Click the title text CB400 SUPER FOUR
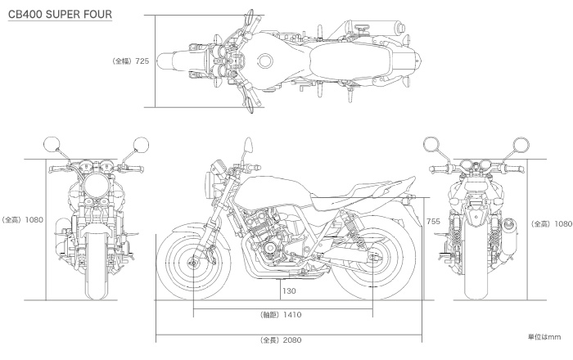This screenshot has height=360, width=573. tap(60, 14)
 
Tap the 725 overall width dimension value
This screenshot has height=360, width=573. tap(142, 61)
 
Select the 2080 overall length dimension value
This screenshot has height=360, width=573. tap(292, 340)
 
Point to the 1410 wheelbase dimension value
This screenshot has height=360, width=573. tap(292, 315)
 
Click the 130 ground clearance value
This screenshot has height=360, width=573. tap(289, 291)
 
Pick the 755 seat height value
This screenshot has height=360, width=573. tap(433, 221)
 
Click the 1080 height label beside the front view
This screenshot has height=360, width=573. tap(34, 220)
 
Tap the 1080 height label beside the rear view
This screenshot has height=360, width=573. tap(563, 224)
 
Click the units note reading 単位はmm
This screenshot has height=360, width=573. tap(544, 337)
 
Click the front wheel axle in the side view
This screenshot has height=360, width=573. tap(192, 262)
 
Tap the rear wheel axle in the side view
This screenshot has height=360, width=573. tap(372, 258)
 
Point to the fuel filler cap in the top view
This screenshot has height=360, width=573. tap(265, 61)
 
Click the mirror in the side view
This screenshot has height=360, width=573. tap(249, 145)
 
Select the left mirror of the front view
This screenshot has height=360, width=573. tap(52, 145)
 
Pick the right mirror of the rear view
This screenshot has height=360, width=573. tap(521, 145)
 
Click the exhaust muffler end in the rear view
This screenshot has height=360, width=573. tap(509, 226)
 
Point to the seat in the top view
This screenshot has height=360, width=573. tap(350, 61)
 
